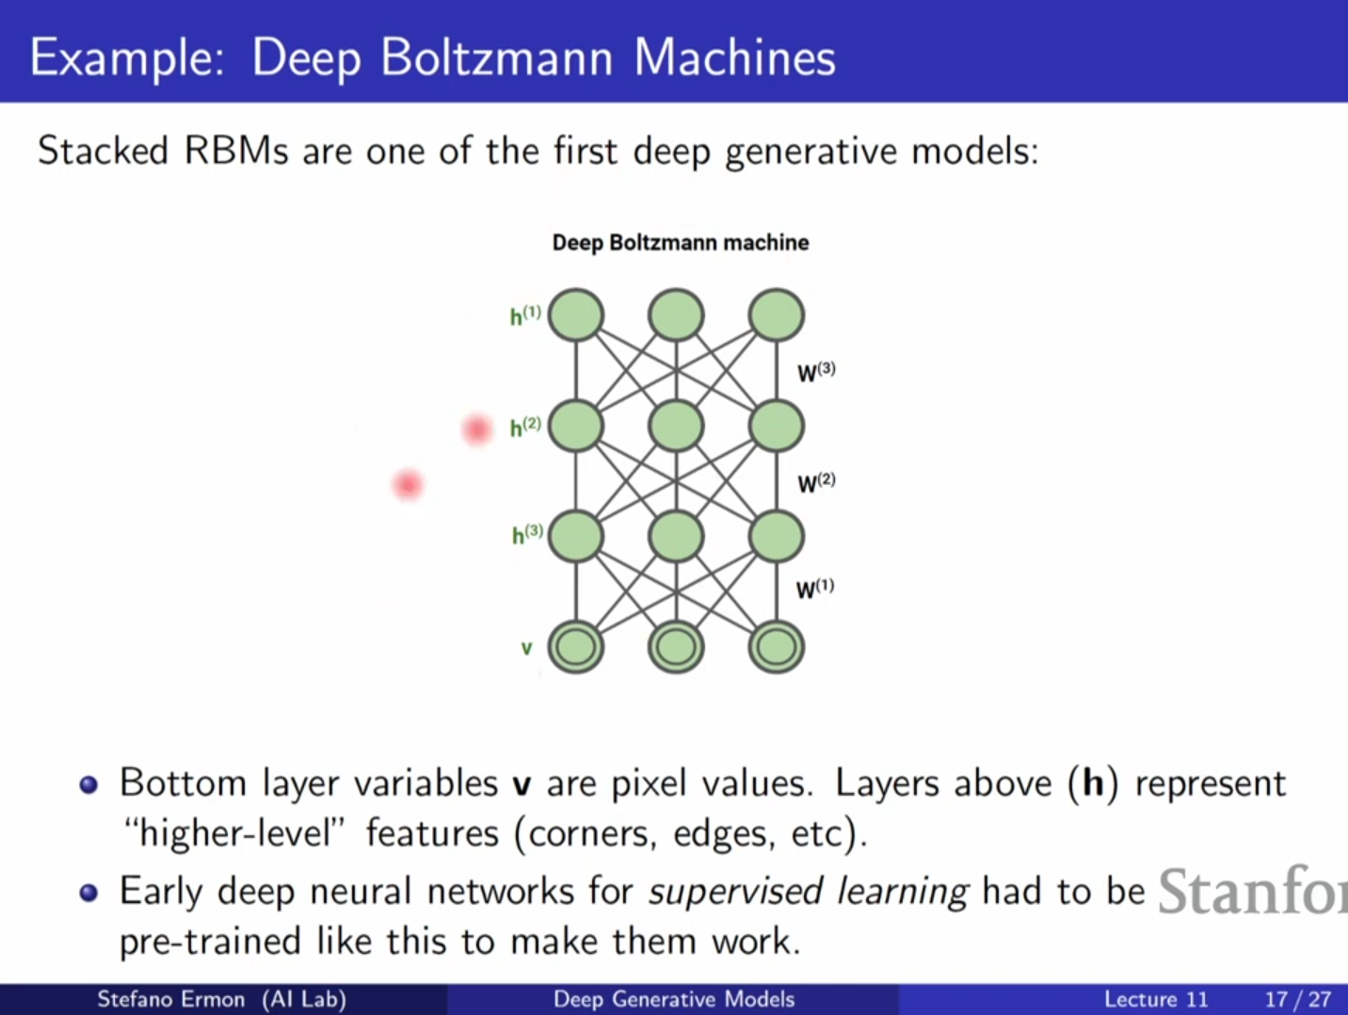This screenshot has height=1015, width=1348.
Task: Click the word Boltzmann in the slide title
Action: tap(497, 57)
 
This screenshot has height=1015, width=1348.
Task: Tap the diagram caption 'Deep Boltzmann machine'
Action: tap(680, 243)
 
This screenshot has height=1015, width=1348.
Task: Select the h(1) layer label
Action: tap(524, 315)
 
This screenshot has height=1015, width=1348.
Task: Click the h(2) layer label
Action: tap(524, 427)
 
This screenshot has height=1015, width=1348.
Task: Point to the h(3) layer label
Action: tap(526, 535)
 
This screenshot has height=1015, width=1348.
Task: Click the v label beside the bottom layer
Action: tap(526, 648)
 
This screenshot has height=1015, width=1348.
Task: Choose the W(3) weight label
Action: tap(815, 372)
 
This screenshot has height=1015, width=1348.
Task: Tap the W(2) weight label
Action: tap(815, 483)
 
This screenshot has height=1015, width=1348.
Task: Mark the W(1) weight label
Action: tap(814, 589)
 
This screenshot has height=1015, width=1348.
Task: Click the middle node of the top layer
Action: tap(676, 314)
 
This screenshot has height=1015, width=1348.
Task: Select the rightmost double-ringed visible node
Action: tap(776, 647)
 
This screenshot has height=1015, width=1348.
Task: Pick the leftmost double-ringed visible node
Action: tap(576, 647)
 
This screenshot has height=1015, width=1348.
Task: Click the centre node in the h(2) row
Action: tap(676, 426)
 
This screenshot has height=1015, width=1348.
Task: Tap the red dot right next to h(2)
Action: tap(477, 429)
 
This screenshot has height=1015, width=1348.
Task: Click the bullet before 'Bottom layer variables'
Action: tap(89, 785)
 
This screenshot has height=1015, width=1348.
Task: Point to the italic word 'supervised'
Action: tap(735, 891)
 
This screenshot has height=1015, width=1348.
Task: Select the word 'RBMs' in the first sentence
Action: tap(236, 151)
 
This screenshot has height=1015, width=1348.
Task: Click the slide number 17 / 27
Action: tap(1297, 999)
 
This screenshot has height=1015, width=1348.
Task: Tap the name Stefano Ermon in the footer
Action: tap(170, 999)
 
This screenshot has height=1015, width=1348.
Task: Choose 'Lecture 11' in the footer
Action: tap(1155, 999)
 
